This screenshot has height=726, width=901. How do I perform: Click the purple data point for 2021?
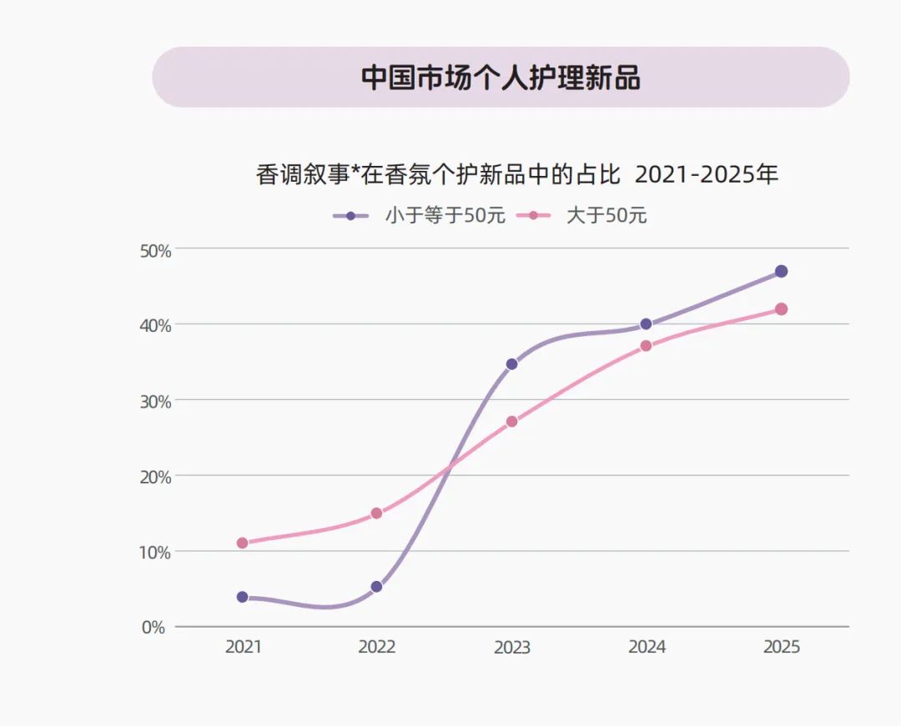coord(243,597)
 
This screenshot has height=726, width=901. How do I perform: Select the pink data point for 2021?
coord(243,543)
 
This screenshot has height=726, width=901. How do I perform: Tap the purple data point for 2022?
coord(376,587)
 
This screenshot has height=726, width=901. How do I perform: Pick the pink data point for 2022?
coord(376,513)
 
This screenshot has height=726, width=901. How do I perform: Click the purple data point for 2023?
coord(511,364)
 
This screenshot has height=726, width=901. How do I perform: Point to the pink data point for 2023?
coord(511,422)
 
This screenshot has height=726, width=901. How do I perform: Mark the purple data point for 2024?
coord(646,324)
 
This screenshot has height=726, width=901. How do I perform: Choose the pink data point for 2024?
coord(646,346)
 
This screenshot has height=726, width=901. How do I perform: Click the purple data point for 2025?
coord(782,272)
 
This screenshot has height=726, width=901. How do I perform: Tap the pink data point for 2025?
coord(782,309)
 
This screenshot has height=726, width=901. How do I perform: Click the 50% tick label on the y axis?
coord(156,252)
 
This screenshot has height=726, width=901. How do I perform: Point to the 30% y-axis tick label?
coord(156,402)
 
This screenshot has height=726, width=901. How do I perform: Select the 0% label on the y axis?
coord(154,628)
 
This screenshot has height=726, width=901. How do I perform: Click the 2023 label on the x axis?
coord(512,648)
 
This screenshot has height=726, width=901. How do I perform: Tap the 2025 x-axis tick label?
coord(782,647)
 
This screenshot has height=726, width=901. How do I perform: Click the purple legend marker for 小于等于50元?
coord(351,216)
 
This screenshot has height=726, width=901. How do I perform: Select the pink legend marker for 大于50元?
coord(533,216)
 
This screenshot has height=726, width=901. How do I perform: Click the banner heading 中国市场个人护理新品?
coord(501,78)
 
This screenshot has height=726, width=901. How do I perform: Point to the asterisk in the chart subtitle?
coord(355,170)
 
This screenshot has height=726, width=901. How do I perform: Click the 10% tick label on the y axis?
coord(156,553)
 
